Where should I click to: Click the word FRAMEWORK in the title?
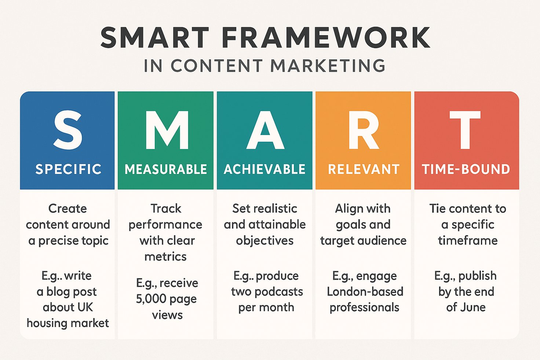coord(325,38)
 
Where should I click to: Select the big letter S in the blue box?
coord(68,130)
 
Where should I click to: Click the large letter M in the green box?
coord(167,130)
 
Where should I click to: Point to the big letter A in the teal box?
coord(265,130)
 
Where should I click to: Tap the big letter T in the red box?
coord(465,130)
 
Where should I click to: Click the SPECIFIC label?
coord(69,169)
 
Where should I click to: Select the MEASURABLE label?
coord(166,169)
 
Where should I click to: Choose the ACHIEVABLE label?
coord(265,169)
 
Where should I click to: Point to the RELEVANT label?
coord(364,169)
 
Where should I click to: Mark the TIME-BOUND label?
coord(466,169)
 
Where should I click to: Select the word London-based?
coord(365,291)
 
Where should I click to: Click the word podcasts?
coord(279,292)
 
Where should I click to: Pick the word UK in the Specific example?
coord(85,307)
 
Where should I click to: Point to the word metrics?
coord(165,257)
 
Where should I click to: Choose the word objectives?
coord(265,241)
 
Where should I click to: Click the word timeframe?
coord(468,240)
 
